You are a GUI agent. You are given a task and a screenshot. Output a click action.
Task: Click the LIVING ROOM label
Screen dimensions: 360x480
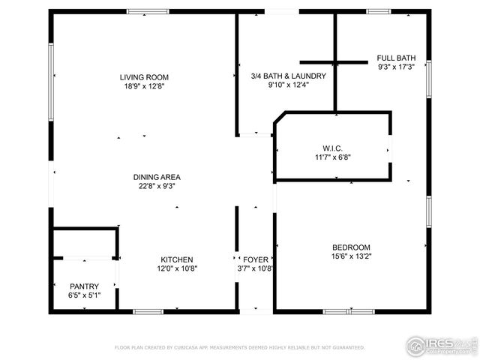[144, 77]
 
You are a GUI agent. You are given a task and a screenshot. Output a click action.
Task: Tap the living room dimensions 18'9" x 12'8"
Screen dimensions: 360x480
[144, 87]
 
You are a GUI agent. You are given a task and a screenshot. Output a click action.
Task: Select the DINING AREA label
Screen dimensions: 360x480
[156, 177]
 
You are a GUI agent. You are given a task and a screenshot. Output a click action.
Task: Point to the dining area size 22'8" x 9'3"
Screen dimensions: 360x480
[156, 187]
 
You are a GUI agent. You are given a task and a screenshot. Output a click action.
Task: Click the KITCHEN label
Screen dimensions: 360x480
[175, 259]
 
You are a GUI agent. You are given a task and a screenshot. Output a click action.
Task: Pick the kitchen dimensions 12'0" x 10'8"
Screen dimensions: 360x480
[175, 268]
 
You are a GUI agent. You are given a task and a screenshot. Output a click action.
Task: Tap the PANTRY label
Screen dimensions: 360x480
[84, 286]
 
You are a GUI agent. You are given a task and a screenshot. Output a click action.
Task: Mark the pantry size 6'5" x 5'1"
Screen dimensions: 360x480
[84, 295]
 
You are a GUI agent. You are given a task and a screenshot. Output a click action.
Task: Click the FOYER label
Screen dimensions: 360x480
[251, 259]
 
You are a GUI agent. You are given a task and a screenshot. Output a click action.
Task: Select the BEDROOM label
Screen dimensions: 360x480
[352, 247]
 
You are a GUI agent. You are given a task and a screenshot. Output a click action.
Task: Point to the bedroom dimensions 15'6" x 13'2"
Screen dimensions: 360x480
[352, 257]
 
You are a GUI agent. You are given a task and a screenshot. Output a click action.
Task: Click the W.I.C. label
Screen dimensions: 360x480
[332, 148]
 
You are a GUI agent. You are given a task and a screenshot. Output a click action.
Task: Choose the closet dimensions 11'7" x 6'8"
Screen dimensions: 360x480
[332, 157]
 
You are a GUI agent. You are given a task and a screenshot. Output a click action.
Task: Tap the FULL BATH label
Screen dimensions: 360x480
[396, 58]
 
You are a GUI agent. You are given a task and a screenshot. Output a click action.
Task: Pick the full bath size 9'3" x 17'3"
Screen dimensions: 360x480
[396, 67]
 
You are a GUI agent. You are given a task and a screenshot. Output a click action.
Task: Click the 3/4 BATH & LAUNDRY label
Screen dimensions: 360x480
[288, 76]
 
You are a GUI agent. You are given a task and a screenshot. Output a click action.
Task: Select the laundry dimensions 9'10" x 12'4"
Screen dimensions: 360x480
[288, 85]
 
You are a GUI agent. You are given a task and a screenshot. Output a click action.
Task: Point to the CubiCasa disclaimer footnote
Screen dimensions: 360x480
[240, 348]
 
